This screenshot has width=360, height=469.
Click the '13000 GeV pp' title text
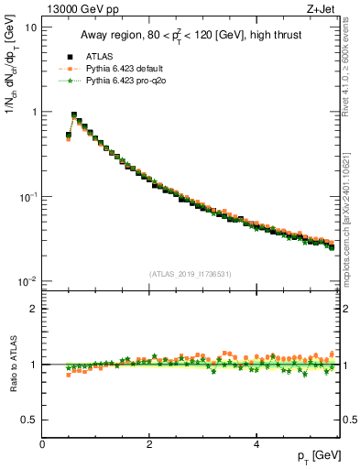pos(80,10)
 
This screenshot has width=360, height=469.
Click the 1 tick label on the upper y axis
pos(34,112)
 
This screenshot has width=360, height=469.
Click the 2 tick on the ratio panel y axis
pos(33,309)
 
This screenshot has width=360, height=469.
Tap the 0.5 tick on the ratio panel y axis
pos(29,420)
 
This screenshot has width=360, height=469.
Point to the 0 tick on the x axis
pos(42,444)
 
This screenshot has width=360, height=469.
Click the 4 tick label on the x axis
pos(256,444)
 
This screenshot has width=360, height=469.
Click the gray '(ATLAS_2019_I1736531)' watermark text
pos(191,274)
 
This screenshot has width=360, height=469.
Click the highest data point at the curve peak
pos(74,115)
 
